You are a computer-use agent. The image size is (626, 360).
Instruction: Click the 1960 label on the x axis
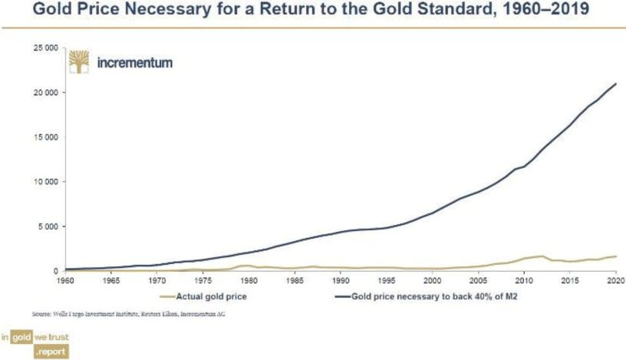pyautogui.click(x=66, y=280)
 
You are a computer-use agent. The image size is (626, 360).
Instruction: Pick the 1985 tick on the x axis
pyautogui.click(x=295, y=280)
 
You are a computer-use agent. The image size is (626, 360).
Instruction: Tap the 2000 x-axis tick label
pyautogui.click(x=432, y=280)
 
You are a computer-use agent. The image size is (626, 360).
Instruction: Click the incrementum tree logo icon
pyautogui.click(x=79, y=61)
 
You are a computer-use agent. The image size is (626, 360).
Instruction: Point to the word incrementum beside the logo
pyautogui.click(x=134, y=62)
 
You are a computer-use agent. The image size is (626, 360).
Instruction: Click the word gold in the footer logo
pyautogui.click(x=21, y=338)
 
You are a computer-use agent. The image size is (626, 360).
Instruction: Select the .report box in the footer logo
pyautogui.click(x=52, y=352)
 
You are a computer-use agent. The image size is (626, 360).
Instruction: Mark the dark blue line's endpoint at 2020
pyautogui.click(x=615, y=84)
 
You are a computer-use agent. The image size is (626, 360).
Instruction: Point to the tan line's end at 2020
pyautogui.click(x=615, y=256)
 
